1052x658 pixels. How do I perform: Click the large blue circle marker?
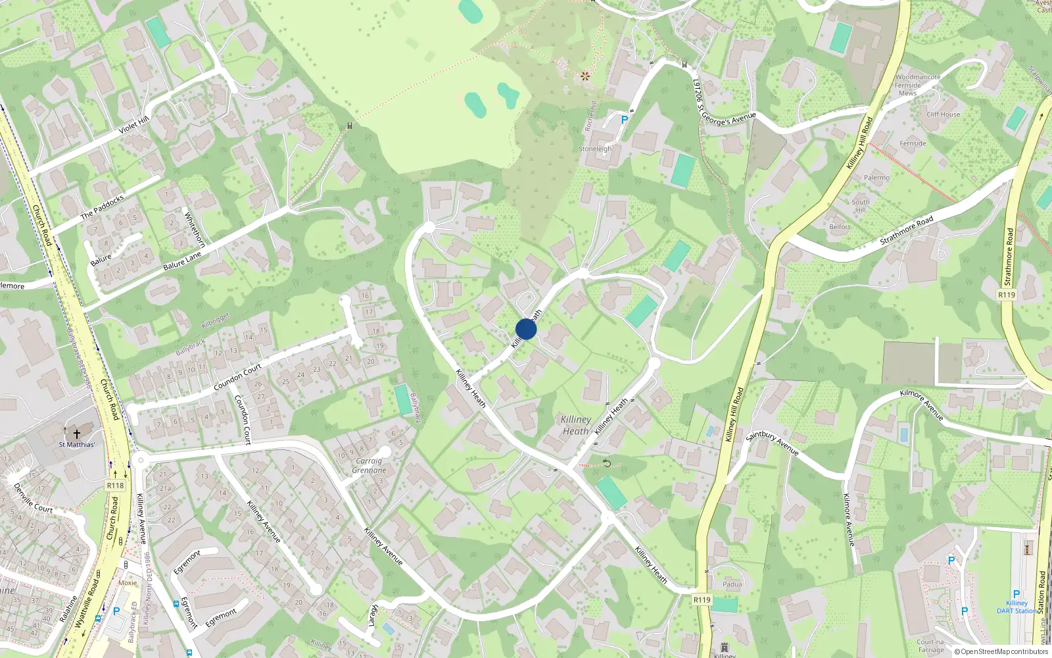(526, 329)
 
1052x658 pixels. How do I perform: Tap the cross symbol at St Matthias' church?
(77, 434)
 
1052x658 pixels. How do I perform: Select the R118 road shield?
(115, 486)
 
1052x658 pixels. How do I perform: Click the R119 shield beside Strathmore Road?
(1007, 295)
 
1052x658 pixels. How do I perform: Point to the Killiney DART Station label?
(1016, 607)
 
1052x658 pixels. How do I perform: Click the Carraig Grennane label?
(369, 465)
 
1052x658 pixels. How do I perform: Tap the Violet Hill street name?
(134, 124)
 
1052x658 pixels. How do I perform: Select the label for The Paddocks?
(102, 207)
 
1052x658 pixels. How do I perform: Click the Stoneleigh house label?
(595, 149)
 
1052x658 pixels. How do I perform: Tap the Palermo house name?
(876, 178)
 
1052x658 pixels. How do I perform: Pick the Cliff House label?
(943, 114)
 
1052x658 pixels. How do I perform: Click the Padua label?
(732, 584)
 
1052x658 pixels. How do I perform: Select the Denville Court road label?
(33, 499)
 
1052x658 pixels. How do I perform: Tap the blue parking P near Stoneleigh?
(624, 120)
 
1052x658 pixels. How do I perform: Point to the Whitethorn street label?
(195, 229)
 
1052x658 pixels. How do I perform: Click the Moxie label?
(128, 583)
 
